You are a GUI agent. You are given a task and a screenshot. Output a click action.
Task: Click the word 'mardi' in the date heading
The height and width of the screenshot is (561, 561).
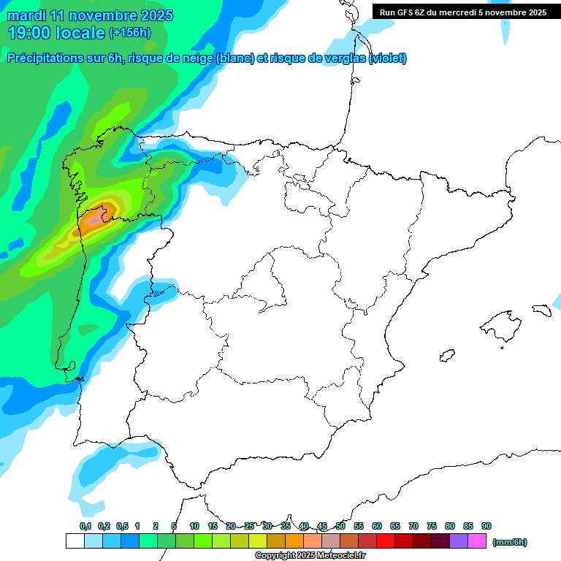[x=26, y=15]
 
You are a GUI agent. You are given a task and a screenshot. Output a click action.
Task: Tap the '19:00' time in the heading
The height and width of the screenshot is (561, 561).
[x=30, y=33]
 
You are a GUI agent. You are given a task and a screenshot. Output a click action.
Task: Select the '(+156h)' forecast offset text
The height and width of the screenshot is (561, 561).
[x=129, y=33]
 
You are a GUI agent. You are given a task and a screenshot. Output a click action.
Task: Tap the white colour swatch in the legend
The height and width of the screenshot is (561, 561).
[x=75, y=541]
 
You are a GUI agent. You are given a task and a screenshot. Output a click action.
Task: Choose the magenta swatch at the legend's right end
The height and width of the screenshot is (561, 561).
[x=477, y=541]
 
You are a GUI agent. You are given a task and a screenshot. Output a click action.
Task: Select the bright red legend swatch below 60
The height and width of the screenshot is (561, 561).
[x=386, y=541]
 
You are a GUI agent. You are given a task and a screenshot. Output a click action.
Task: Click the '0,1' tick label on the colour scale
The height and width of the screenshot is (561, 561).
[x=85, y=526]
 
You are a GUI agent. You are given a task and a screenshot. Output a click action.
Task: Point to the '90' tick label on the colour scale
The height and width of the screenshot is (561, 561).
[x=486, y=526]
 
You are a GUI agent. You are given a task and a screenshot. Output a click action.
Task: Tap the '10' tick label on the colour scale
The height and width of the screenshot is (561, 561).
[x=194, y=526]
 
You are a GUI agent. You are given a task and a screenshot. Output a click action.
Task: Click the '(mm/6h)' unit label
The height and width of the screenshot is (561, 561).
[x=510, y=542]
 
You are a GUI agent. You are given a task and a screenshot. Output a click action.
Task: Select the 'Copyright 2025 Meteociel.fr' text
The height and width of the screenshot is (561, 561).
[x=310, y=556]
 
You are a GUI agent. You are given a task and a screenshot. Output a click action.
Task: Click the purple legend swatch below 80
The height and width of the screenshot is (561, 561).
[x=459, y=541]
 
